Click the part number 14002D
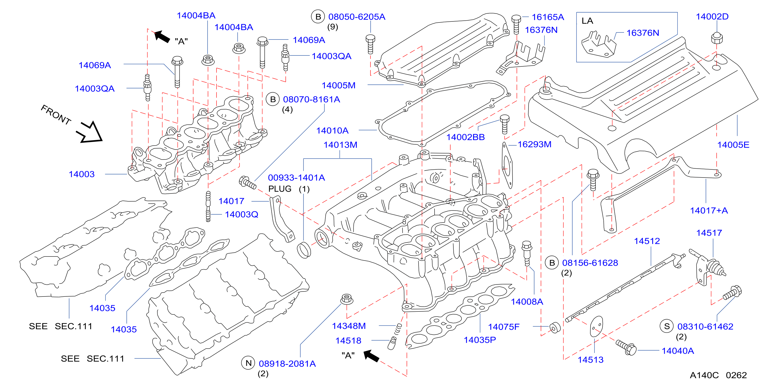(x=712, y=17)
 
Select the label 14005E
(x=733, y=145)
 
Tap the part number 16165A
(x=548, y=17)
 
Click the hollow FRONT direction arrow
(x=90, y=132)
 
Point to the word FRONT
(x=56, y=115)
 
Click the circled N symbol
(x=249, y=363)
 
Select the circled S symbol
(x=667, y=326)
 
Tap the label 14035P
(x=480, y=340)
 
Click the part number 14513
(x=591, y=360)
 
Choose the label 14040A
(x=678, y=351)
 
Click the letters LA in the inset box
(x=587, y=21)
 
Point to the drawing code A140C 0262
(x=718, y=375)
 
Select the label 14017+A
(x=709, y=210)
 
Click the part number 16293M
(x=535, y=144)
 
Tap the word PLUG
(x=280, y=189)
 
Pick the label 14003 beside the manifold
(x=82, y=174)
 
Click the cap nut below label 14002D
(x=717, y=38)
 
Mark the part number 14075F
(x=504, y=327)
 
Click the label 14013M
(x=340, y=145)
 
